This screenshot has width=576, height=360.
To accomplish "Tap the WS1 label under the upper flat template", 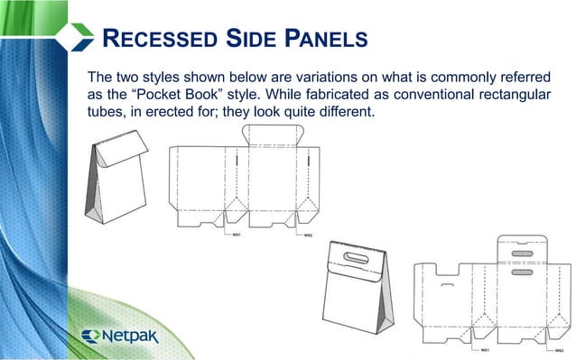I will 237,235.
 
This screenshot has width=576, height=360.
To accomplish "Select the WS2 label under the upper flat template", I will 308,235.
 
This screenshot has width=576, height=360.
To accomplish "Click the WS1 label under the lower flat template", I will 484,348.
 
